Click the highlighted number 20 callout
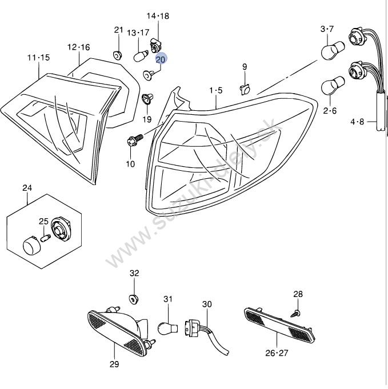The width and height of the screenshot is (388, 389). tap(161, 58)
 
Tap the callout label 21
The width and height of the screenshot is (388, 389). tap(118, 30)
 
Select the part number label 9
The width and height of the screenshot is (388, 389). tap(245, 67)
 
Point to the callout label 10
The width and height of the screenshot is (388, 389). tap(130, 164)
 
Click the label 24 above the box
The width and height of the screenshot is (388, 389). tap(27, 188)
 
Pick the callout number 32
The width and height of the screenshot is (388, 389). tap(134, 274)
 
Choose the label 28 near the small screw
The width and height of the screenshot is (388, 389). tap(298, 294)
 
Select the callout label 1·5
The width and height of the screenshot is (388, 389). tap(215, 90)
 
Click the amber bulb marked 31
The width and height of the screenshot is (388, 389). tap(166, 328)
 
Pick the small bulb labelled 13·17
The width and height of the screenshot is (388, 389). tap(139, 56)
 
